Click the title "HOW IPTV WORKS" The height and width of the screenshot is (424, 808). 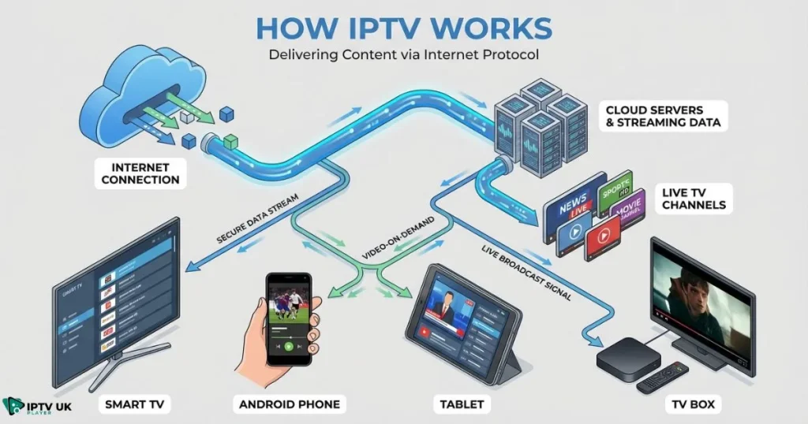pos(404,27)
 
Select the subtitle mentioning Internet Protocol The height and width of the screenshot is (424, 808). pos(404,56)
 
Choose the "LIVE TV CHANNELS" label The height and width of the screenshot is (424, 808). pos(694,199)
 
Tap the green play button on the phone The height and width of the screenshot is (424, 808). pos(289,345)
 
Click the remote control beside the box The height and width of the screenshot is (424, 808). pos(661,378)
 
